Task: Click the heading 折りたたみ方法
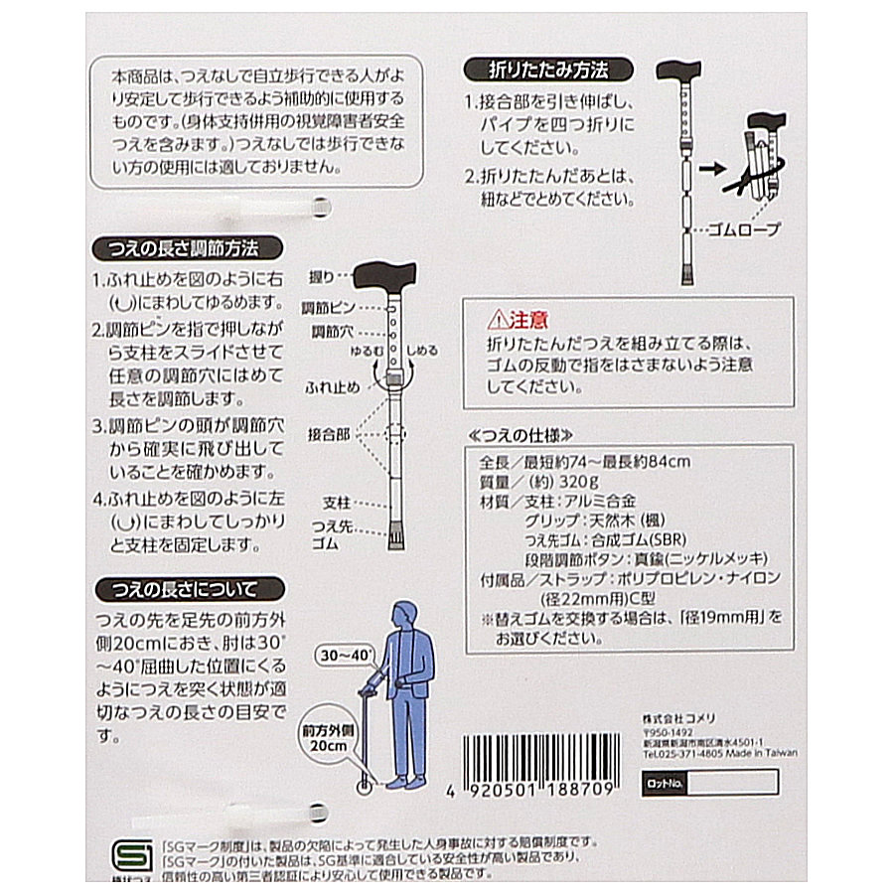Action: [548, 70]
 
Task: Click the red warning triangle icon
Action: [498, 319]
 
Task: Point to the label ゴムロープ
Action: [743, 229]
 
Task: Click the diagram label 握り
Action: [321, 277]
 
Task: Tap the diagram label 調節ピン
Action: [329, 308]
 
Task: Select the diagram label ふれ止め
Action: [333, 387]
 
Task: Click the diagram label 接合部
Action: [329, 435]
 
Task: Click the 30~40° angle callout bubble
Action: [346, 656]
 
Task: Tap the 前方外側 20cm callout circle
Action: [329, 738]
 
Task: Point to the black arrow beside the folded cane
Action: [712, 169]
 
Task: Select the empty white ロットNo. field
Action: [733, 783]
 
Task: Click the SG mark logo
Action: [132, 856]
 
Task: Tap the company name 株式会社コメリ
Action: [679, 718]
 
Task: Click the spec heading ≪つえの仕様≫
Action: [520, 436]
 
